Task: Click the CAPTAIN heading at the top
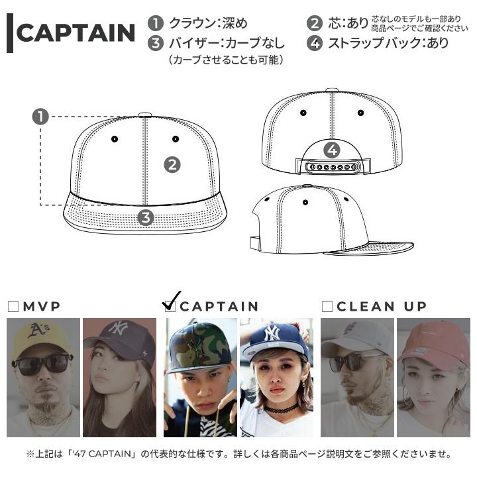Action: click(x=76, y=33)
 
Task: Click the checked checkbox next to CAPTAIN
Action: click(x=170, y=305)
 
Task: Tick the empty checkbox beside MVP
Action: click(x=13, y=306)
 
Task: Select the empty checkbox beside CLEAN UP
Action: click(x=327, y=306)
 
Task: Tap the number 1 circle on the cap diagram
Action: click(x=40, y=117)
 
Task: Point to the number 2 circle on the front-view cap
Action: click(x=172, y=164)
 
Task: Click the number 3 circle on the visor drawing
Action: click(x=146, y=217)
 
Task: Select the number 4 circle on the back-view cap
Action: click(x=333, y=150)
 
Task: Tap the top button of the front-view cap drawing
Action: click(x=146, y=114)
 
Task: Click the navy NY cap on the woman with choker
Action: click(x=274, y=338)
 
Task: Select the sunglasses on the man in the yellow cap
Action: click(x=41, y=363)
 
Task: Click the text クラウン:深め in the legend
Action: click(x=208, y=23)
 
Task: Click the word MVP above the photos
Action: click(x=42, y=306)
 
